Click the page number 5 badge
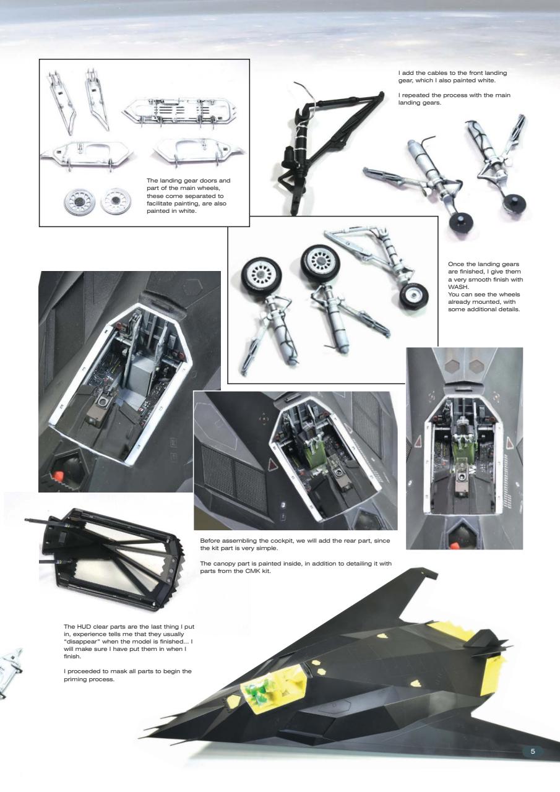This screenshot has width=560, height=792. pyautogui.click(x=532, y=751)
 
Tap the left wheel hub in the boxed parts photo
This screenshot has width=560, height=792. pyautogui.click(x=81, y=201)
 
